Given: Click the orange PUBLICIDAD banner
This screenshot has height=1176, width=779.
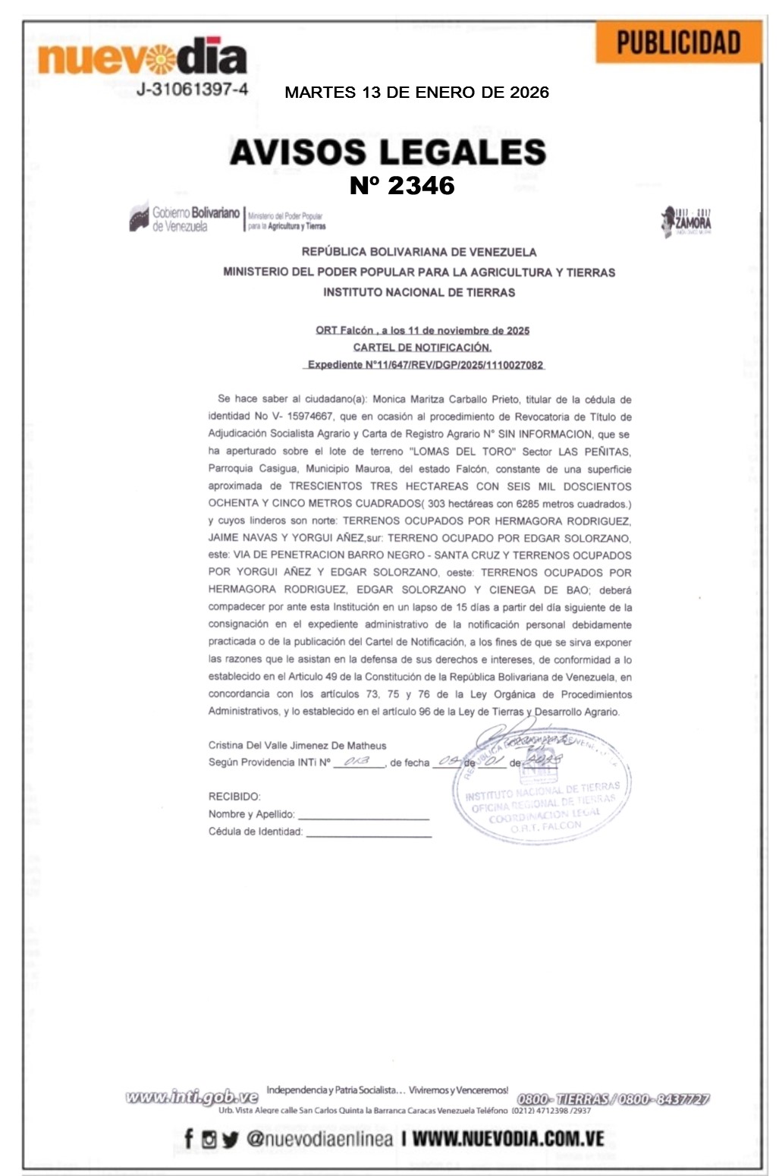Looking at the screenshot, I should pos(678,42).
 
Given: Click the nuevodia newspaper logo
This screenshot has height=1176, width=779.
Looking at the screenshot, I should pos(142,58).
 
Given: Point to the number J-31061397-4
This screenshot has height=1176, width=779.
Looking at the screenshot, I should pos(193,90).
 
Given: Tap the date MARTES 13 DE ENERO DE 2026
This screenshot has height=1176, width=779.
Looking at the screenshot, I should pos(416,93).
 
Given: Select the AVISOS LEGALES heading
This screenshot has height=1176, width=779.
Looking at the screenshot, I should pos(388,152).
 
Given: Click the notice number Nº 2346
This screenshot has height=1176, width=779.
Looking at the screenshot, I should pos(402,185).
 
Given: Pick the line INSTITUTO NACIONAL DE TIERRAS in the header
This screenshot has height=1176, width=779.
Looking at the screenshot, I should pos(419,292).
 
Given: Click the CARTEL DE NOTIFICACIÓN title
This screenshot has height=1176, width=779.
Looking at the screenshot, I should pos(422,347).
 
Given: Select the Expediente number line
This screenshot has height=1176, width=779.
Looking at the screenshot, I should pos(425,365).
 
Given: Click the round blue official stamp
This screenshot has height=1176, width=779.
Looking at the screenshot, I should pos(542,789).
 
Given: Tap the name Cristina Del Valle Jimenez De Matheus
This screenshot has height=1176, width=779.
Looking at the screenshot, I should pos(297,745).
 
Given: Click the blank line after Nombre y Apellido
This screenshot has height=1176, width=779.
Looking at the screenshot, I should pos(363,816).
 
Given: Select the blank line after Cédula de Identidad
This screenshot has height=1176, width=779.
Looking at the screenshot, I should pos(369,833).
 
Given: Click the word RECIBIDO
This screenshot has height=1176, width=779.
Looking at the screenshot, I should pos(234,797).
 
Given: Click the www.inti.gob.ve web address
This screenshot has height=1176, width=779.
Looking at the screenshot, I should pos(192,1097).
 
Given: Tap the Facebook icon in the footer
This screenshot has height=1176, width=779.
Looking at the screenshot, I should pos(188,1138).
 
